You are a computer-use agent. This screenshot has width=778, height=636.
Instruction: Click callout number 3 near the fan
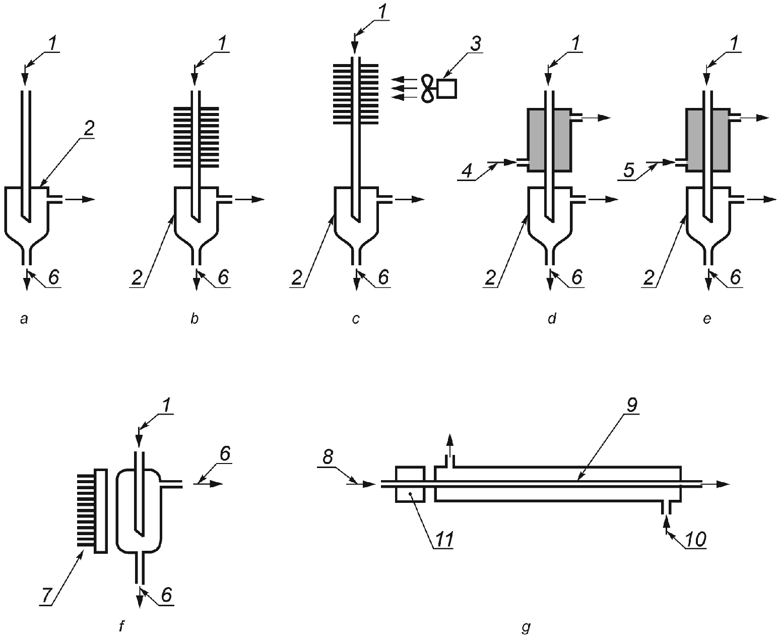coord(476,44)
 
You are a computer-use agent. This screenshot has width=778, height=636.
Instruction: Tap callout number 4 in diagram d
coord(468,171)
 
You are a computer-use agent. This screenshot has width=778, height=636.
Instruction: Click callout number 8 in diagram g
coord(328,457)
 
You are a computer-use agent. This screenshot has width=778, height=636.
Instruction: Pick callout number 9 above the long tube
coord(631,405)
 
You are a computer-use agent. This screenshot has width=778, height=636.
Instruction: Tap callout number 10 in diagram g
coord(695,540)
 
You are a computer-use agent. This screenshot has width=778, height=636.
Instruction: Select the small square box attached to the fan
coord(447,89)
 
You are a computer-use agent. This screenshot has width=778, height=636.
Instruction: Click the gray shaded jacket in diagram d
coord(549,140)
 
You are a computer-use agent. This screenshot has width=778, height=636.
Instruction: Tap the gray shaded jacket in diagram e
coord(708,140)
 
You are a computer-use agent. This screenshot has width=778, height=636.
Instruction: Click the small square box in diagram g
coord(410,484)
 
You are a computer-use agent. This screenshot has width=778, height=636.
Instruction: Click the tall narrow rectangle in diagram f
coord(101,511)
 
